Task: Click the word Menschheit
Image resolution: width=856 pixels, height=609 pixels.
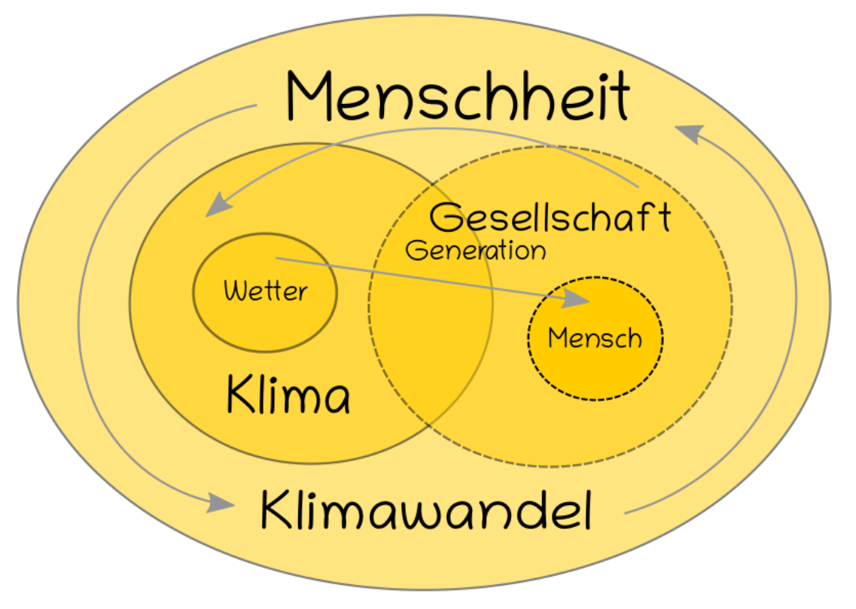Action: pyautogui.click(x=458, y=96)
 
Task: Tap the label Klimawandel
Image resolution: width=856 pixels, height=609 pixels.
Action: pyautogui.click(x=426, y=509)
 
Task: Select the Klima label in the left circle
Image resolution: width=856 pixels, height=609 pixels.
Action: pyautogui.click(x=288, y=394)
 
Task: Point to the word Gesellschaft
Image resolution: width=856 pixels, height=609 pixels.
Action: pyautogui.click(x=550, y=218)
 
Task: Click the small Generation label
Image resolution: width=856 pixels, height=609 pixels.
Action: pyautogui.click(x=476, y=251)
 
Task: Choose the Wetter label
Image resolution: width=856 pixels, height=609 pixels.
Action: pyautogui.click(x=265, y=291)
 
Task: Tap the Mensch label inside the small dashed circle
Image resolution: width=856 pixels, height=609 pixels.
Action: pyautogui.click(x=595, y=338)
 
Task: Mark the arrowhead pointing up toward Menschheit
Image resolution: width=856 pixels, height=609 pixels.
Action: pyautogui.click(x=690, y=133)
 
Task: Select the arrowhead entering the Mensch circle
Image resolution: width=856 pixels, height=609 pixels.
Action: pyautogui.click(x=577, y=298)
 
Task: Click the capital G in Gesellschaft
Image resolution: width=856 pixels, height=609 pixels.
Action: pyautogui.click(x=446, y=218)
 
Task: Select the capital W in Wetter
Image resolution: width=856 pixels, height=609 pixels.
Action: pyautogui.click(x=235, y=291)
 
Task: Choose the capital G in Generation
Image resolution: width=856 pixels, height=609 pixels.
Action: pyautogui.click(x=416, y=251)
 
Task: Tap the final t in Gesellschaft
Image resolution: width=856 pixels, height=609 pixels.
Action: pyautogui.click(x=664, y=218)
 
